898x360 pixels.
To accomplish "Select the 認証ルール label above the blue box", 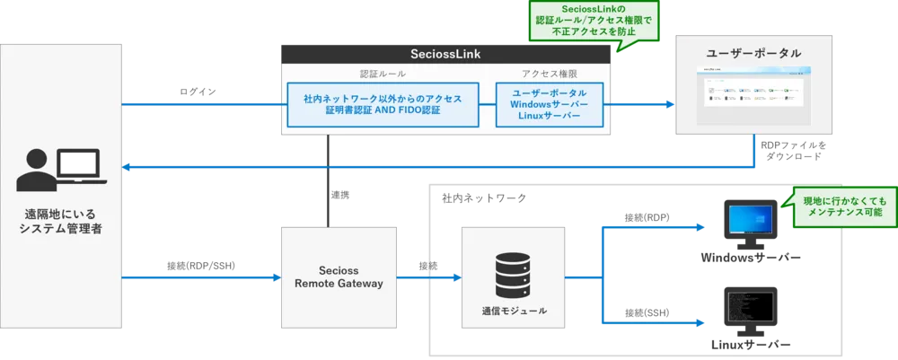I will tap(383, 74).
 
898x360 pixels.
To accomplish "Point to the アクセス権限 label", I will tap(549, 74).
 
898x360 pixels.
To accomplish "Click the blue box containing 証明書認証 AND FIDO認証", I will tap(383, 103).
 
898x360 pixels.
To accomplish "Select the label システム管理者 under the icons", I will tap(60, 230).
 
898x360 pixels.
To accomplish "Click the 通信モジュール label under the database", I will tap(513, 311).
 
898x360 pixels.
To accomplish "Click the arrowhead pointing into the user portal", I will tap(668, 104).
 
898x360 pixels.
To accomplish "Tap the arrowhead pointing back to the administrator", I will tap(128, 166).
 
